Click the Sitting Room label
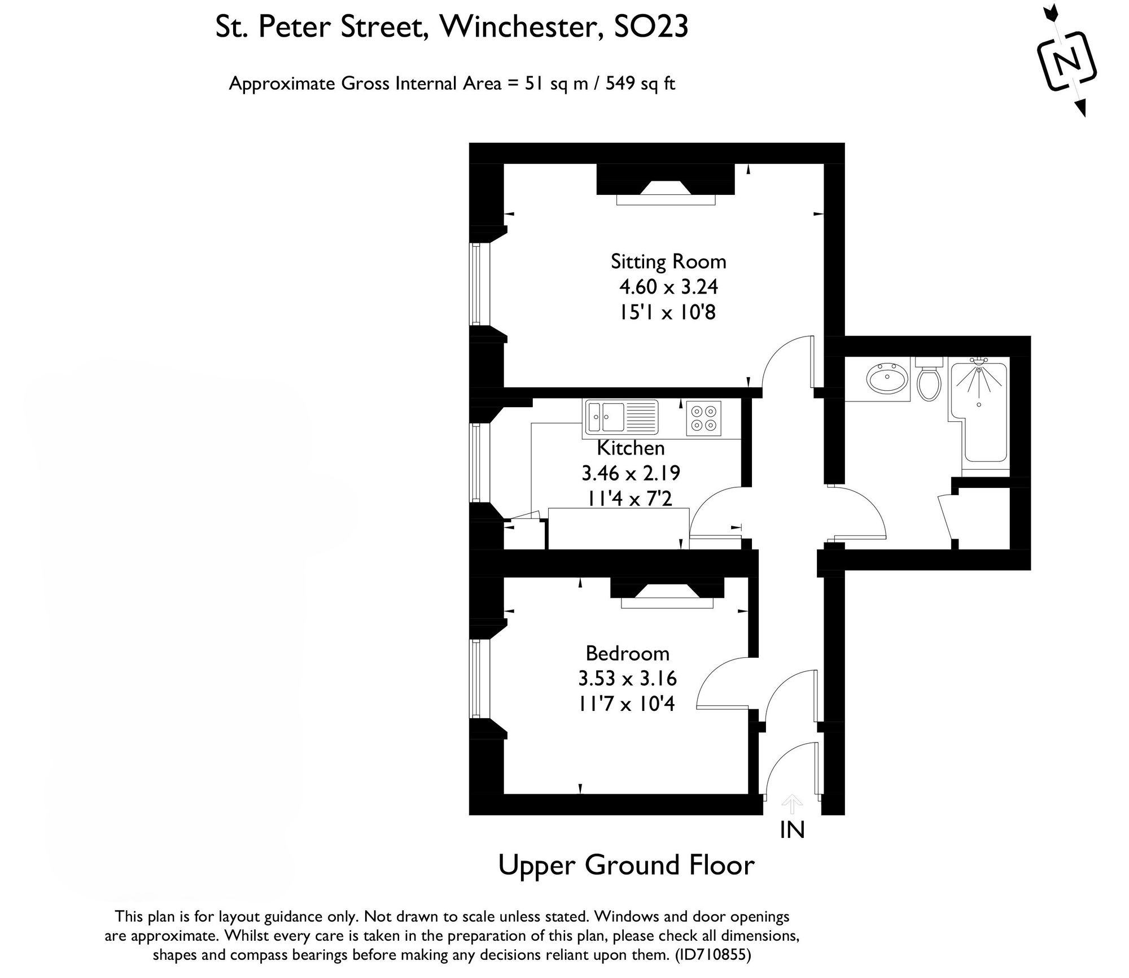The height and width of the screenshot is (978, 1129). [668, 261]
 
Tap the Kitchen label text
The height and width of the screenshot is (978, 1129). [631, 448]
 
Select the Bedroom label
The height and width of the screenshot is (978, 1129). [627, 653]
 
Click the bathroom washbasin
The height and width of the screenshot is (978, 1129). [888, 378]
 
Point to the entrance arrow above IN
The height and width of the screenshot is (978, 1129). [792, 804]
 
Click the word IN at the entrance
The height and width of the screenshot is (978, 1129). [792, 830]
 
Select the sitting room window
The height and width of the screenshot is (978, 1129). [480, 284]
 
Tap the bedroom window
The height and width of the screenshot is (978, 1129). [480, 678]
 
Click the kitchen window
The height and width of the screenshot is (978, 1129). [480, 462]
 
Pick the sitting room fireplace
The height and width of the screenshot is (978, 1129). [666, 185]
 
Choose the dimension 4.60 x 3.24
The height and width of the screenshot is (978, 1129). [668, 287]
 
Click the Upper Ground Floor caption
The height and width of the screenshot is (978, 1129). [626, 866]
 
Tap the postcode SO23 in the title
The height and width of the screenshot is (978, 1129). [651, 27]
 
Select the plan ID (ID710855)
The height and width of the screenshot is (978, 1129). [713, 955]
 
